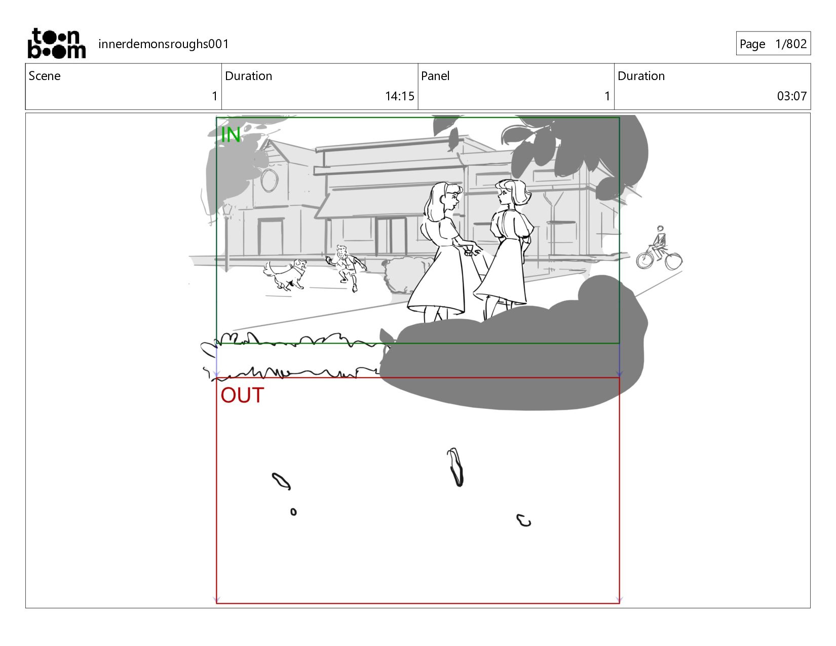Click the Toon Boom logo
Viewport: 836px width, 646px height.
click(57, 44)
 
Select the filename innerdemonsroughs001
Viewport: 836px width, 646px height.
click(164, 44)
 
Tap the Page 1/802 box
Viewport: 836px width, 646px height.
click(773, 44)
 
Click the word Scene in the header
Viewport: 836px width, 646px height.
click(45, 76)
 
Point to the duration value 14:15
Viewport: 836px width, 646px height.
click(400, 96)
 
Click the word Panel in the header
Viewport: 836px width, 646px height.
click(435, 76)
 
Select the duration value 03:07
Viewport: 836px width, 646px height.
click(792, 96)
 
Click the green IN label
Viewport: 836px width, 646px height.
click(231, 135)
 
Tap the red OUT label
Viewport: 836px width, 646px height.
click(242, 395)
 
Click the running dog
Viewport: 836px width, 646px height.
click(285, 274)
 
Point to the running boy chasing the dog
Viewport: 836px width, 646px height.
click(346, 268)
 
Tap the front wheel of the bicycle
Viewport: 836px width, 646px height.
click(674, 261)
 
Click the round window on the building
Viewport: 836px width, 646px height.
click(270, 180)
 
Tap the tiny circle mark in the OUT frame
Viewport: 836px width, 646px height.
click(293, 512)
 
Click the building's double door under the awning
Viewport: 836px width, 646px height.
click(391, 236)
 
